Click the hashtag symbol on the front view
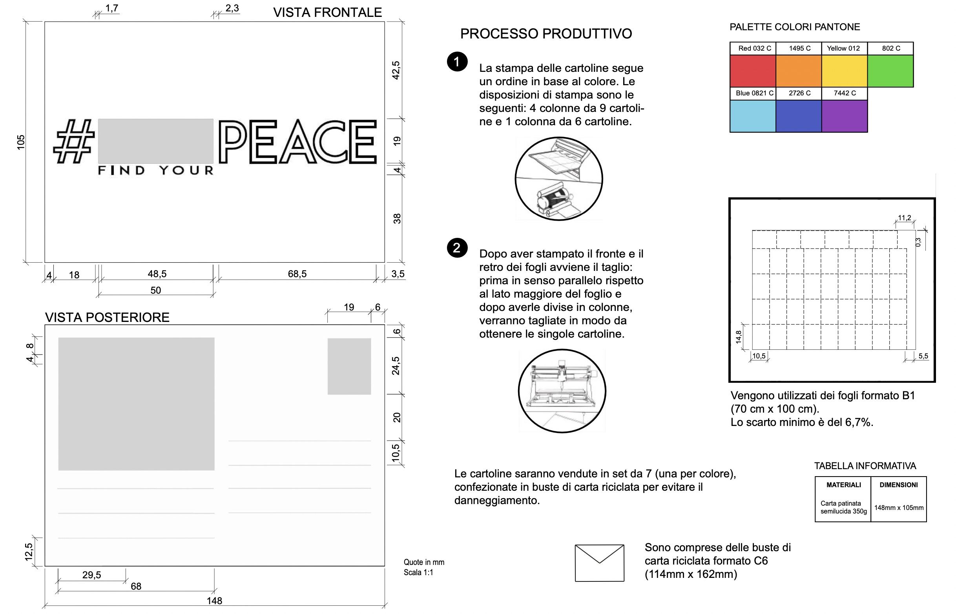click(74, 142)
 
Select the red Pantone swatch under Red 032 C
click(753, 71)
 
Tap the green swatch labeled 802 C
click(890, 71)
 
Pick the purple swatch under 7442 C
click(845, 116)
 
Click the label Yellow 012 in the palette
click(843, 48)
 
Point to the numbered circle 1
click(457, 62)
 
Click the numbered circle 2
click(457, 248)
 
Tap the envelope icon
click(599, 563)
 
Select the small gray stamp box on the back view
click(349, 366)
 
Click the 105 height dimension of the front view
click(21, 143)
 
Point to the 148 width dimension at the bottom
click(214, 600)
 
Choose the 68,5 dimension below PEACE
click(297, 274)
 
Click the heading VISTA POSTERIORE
click(107, 317)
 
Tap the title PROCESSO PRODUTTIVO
click(546, 34)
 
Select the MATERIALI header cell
click(844, 485)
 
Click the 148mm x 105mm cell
click(899, 508)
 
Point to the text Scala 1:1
click(418, 572)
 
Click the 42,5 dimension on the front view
click(396, 70)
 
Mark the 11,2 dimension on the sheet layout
click(904, 218)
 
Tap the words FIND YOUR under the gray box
click(156, 171)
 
